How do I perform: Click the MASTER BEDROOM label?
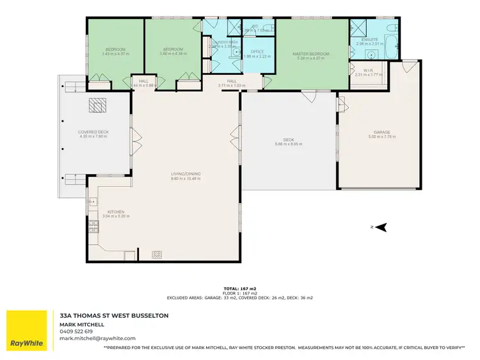tap(311, 53)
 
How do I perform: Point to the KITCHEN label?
tap(116, 212)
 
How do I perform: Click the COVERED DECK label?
tap(93, 132)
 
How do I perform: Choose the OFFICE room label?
tap(257, 51)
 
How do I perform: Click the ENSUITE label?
tap(371, 39)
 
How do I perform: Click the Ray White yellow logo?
tap(27, 331)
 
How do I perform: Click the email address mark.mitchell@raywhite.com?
tap(97, 338)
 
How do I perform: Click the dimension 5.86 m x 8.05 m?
tap(288, 144)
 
